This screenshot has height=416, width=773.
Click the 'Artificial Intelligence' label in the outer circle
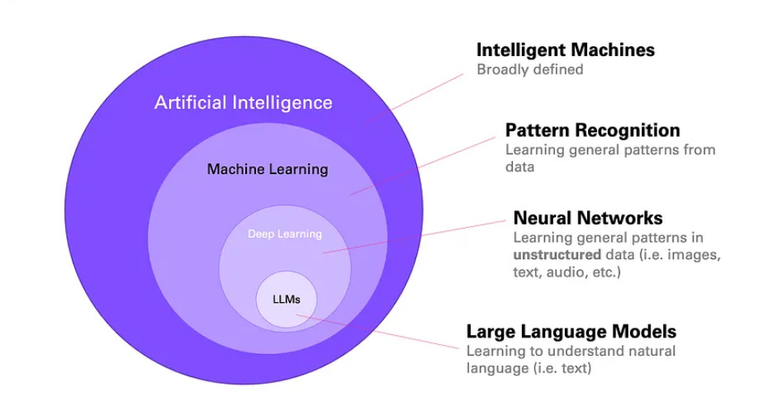tap(243, 103)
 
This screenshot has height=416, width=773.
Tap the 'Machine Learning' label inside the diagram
tap(267, 169)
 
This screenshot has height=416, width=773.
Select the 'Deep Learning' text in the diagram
tap(284, 234)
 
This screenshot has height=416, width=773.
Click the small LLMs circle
tap(285, 298)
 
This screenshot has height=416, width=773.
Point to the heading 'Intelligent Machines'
tap(565, 50)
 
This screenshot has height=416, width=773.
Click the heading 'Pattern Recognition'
tap(592, 130)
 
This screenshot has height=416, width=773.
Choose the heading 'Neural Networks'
tap(587, 219)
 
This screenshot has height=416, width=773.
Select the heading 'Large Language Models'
tap(571, 332)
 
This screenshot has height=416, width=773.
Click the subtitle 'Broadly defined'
tap(529, 69)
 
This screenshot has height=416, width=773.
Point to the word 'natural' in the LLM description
tap(649, 351)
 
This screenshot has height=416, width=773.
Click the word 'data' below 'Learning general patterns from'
tap(519, 167)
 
